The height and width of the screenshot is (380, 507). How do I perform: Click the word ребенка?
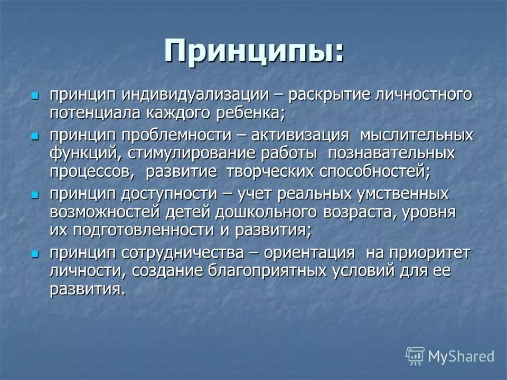[x=248, y=113]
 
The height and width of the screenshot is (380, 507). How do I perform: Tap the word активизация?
[x=299, y=135]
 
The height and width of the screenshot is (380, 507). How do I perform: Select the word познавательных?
[x=391, y=153]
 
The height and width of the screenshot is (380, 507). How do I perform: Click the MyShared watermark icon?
[x=415, y=356]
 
